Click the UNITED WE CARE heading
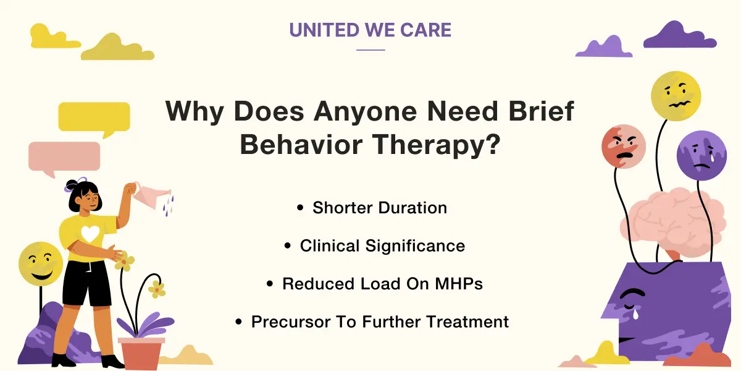(370, 30)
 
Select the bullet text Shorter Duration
(380, 208)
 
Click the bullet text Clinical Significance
(382, 246)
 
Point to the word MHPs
(459, 284)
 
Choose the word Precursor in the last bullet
(290, 322)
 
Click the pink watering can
(151, 196)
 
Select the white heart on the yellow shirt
(90, 233)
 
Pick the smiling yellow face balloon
(41, 264)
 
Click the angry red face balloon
(624, 147)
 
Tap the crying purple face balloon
(701, 155)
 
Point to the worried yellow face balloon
(676, 96)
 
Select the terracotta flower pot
(141, 352)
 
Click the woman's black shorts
(86, 284)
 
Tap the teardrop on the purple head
(635, 313)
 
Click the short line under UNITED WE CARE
(371, 50)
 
